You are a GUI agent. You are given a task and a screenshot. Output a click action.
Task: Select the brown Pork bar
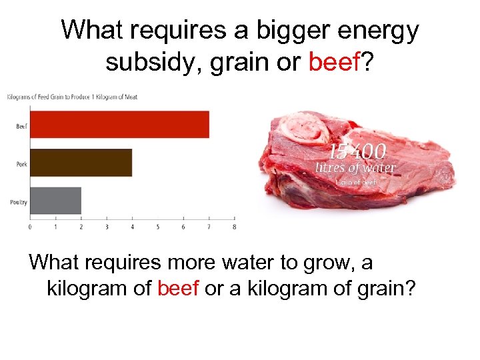point(81,163)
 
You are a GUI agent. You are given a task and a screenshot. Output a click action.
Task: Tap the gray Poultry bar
point(55,201)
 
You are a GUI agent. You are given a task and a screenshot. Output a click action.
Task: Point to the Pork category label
point(21,163)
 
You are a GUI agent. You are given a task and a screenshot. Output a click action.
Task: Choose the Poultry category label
point(19,201)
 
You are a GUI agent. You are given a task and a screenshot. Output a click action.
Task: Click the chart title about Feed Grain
point(72,97)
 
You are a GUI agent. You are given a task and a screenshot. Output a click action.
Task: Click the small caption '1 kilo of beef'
point(357,182)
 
